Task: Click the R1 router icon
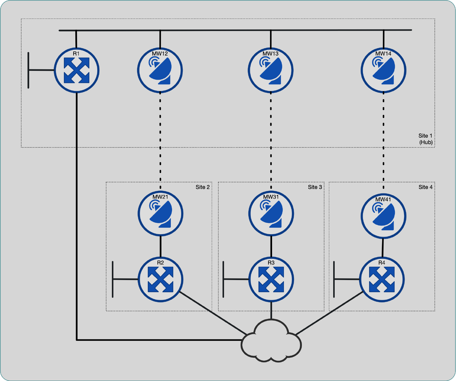click(x=77, y=71)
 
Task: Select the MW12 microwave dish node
click(x=160, y=71)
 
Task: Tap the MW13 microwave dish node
click(x=271, y=71)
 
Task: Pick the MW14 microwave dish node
click(x=383, y=71)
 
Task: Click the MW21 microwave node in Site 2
click(x=161, y=213)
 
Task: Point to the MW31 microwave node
click(x=271, y=213)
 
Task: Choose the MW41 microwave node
click(x=383, y=216)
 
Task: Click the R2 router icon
click(x=161, y=279)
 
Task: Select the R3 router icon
click(x=271, y=279)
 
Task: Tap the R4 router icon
click(x=382, y=279)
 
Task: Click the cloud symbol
click(x=271, y=342)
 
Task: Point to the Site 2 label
click(x=202, y=187)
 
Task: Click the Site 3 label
click(x=315, y=187)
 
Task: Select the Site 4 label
click(x=425, y=187)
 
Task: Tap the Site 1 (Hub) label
click(x=425, y=139)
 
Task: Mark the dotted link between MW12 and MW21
click(x=160, y=137)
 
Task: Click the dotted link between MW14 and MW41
click(x=383, y=137)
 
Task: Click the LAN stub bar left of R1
click(x=29, y=70)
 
